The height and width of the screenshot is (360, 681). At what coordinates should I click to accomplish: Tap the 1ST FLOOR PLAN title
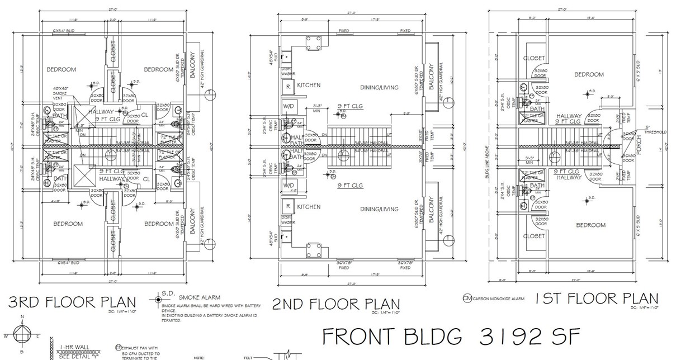click(x=597, y=299)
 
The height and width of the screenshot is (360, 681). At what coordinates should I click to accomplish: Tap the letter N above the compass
click(x=22, y=317)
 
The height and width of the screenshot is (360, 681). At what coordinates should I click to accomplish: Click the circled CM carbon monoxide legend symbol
click(x=467, y=299)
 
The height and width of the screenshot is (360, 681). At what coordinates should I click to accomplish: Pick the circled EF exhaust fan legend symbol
click(x=118, y=347)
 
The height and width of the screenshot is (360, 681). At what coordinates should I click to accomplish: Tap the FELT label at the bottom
click(x=250, y=356)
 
